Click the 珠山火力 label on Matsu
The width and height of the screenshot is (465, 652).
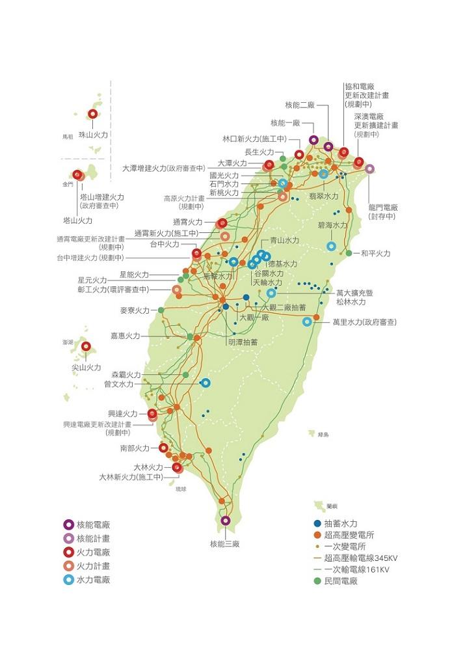click(93, 134)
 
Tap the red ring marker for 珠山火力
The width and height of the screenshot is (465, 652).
click(92, 114)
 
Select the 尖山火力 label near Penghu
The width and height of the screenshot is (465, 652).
click(86, 368)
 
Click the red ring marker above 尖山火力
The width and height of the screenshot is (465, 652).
click(86, 347)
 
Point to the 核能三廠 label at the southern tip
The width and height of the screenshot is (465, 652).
click(225, 543)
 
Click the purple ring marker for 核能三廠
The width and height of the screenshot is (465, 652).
click(225, 521)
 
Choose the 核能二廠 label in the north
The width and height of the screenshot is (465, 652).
click(300, 105)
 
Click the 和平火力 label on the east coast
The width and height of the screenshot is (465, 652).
click(375, 253)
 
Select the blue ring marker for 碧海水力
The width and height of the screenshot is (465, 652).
click(331, 246)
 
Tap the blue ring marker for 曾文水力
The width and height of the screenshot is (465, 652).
click(206, 383)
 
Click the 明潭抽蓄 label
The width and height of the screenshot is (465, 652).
click(243, 342)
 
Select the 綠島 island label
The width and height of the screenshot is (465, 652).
click(323, 434)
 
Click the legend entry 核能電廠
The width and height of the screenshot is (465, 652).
click(93, 524)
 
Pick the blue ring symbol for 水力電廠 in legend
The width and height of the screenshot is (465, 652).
click(68, 579)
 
